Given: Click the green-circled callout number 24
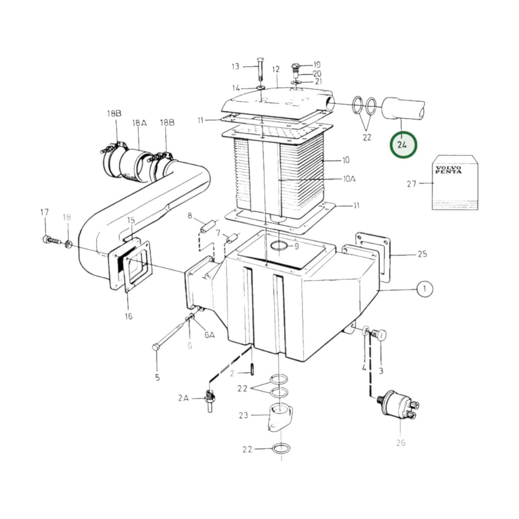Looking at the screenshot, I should tap(403, 145).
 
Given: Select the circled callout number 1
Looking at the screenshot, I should tap(425, 289).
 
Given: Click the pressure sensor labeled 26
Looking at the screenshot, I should tap(399, 407).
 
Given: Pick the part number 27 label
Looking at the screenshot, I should tap(412, 184).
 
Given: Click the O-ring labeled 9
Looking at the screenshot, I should tap(279, 246).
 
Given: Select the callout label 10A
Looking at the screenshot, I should tap(349, 179).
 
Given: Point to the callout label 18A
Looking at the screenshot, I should tap(139, 123).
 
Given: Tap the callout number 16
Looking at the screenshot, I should tap(129, 316).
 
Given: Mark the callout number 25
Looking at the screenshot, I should tap(422, 254).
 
